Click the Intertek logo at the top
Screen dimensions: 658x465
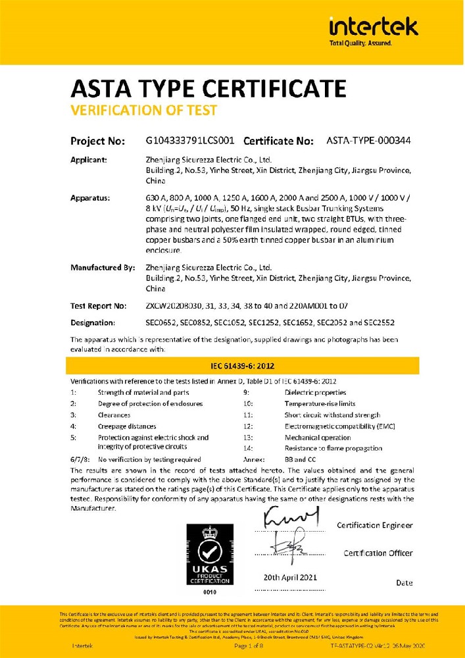click(372, 29)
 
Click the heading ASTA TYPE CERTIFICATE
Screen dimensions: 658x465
click(208, 88)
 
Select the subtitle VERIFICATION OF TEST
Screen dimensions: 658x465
click(143, 110)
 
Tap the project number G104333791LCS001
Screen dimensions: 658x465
click(189, 141)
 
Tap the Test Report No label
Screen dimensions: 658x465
click(98, 306)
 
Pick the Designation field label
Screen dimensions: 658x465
click(93, 323)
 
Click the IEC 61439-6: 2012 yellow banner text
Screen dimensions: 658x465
click(243, 366)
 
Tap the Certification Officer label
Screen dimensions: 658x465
click(378, 553)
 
